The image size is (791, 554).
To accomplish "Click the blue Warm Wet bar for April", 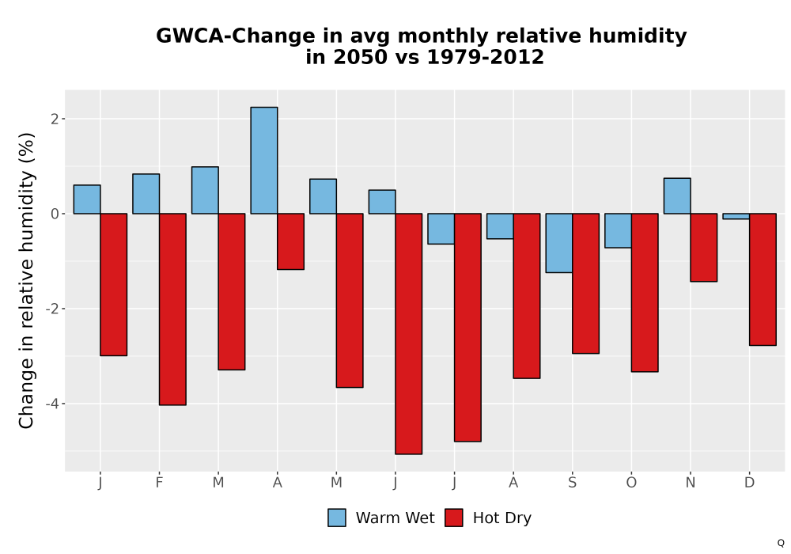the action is (264, 161).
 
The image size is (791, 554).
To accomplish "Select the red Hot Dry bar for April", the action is (290, 241).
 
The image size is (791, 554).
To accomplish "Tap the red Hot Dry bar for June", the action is (409, 334).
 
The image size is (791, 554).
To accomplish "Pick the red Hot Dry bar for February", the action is (172, 309).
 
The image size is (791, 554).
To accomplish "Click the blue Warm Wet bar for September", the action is (559, 243).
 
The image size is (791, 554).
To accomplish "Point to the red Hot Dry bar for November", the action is (704, 247).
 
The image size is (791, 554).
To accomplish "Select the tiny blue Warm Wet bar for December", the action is (736, 216).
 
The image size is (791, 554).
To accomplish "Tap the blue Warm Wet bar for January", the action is (87, 199).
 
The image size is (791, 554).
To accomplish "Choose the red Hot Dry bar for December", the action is (763, 279).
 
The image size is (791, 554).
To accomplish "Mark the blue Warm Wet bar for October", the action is (618, 230).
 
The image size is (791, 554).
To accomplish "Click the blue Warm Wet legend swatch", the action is (336, 518).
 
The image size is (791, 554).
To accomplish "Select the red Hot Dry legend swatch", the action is (453, 518).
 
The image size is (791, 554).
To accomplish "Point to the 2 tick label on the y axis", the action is (55, 119).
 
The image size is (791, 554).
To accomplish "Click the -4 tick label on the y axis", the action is (53, 404).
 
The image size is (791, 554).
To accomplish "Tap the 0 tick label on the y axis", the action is (55, 214).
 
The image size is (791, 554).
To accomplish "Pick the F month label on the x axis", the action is (160, 483).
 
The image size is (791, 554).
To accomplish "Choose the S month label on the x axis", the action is (572, 483).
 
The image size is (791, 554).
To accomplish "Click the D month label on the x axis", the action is (750, 483).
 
